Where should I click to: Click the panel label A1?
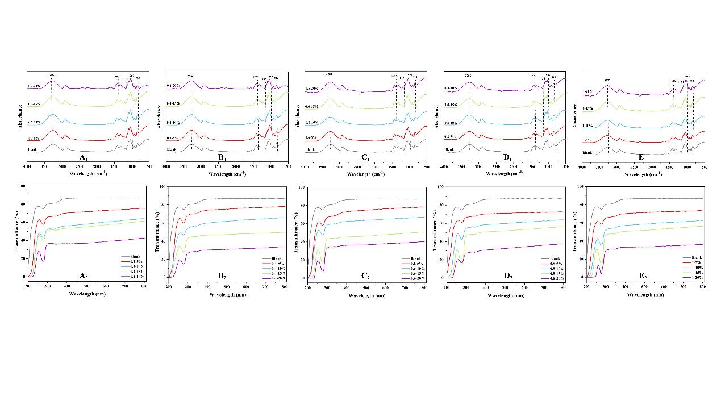point(84,157)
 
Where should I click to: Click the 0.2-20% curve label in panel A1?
point(35,86)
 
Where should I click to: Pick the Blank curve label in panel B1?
point(172,149)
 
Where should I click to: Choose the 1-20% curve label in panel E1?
point(587,91)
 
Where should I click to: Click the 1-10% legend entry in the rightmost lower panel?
point(693,267)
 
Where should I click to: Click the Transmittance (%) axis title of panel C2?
point(294,232)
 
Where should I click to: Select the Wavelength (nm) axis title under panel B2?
point(226,295)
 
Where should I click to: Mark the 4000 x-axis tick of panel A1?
point(27,168)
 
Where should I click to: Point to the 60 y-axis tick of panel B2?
point(162,223)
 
